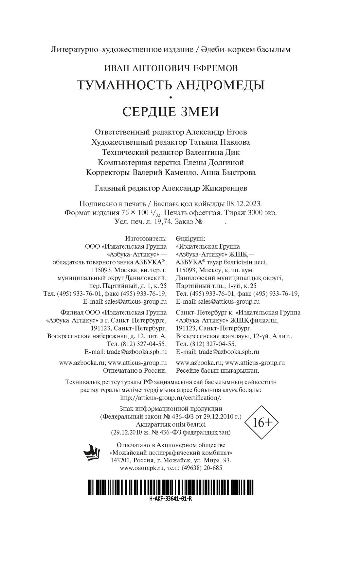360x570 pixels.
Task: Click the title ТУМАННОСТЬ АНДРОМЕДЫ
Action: click(x=171, y=85)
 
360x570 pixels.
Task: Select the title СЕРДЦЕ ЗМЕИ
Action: click(x=171, y=112)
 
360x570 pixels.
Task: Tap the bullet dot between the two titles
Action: click(x=171, y=97)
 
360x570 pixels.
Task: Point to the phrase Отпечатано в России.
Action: click(x=135, y=371)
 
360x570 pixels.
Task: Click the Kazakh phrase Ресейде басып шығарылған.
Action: click(x=217, y=371)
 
